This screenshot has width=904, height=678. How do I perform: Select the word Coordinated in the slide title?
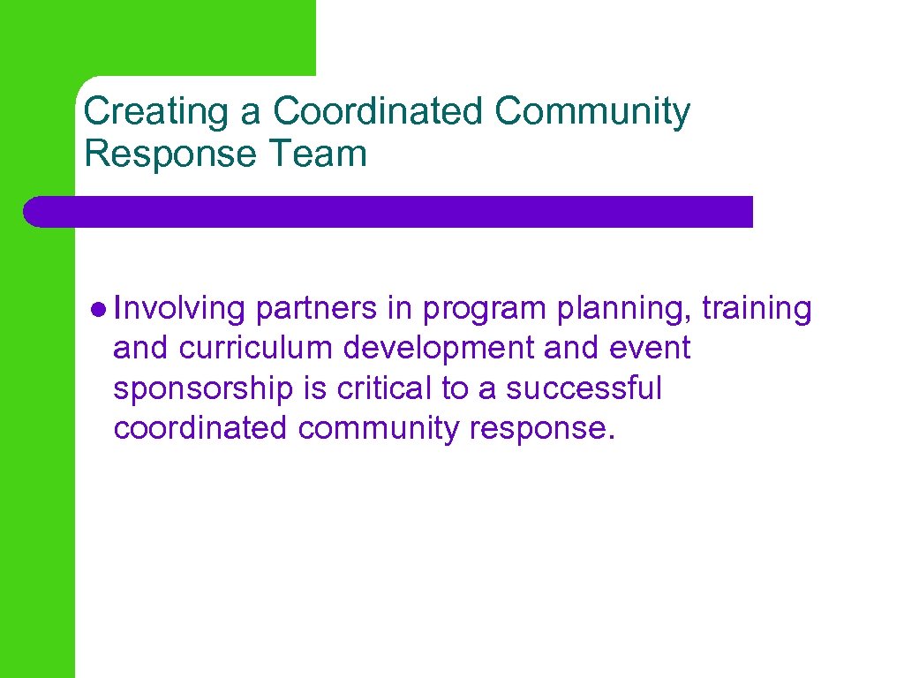[379, 112]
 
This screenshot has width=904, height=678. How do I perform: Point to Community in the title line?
[592, 112]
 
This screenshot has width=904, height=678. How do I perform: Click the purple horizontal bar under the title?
[388, 212]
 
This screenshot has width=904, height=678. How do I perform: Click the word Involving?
[179, 309]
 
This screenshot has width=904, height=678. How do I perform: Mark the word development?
[440, 349]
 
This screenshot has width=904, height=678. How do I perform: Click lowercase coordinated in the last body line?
[200, 428]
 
